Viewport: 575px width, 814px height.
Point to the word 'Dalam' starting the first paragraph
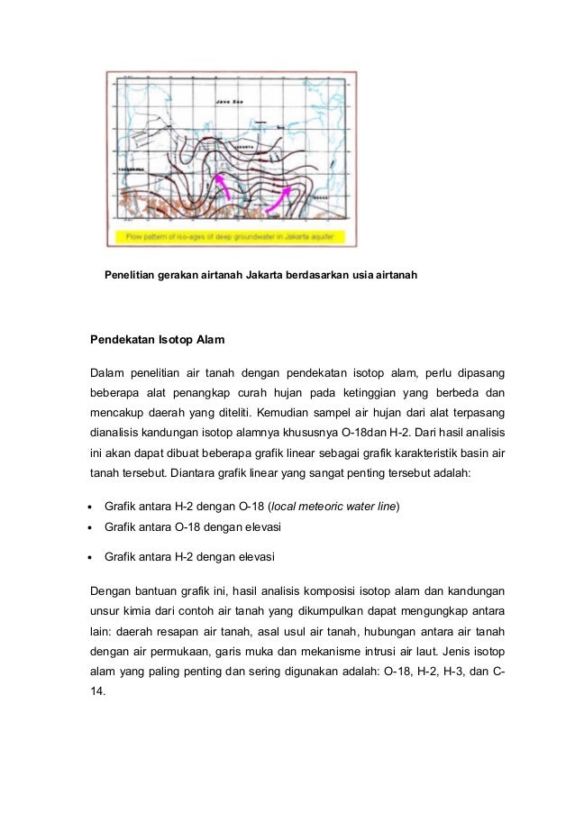point(105,372)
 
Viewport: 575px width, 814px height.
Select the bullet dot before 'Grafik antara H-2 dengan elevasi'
point(92,557)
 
